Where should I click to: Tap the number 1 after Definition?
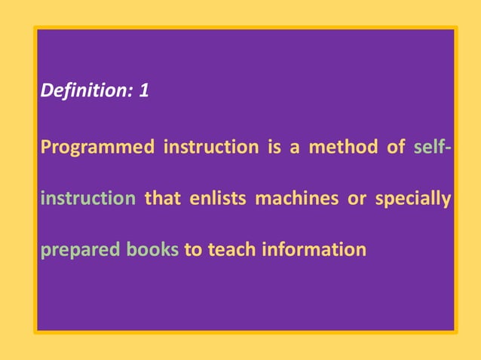[143, 93]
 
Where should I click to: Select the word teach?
[230, 249]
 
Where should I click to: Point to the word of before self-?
[396, 146]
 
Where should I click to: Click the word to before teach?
[192, 249]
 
